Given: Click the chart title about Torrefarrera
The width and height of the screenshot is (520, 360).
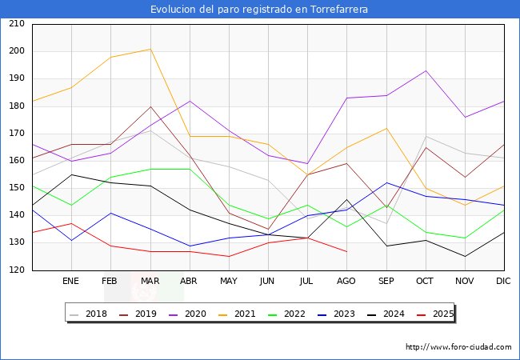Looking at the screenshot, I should pyautogui.click(x=260, y=10).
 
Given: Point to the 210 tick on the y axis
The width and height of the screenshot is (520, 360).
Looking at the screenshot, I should pyautogui.click(x=16, y=24).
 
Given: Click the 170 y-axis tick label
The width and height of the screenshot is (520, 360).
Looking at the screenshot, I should pyautogui.click(x=16, y=134).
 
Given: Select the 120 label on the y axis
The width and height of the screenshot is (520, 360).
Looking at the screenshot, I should pyautogui.click(x=16, y=270).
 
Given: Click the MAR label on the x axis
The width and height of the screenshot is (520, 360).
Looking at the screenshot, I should pyautogui.click(x=150, y=282).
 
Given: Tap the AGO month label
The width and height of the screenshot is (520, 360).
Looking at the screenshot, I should pyautogui.click(x=346, y=282).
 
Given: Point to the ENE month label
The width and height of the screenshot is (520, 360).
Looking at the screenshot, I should pyautogui.click(x=71, y=282).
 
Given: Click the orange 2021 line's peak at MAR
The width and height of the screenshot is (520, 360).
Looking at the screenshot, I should pyautogui.click(x=150, y=50).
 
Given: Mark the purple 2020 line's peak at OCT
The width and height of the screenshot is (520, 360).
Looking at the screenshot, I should pyautogui.click(x=426, y=70).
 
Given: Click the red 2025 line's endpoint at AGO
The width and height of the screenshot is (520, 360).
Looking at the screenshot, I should pyautogui.click(x=346, y=251).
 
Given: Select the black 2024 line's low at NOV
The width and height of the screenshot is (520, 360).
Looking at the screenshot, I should pyautogui.click(x=465, y=257).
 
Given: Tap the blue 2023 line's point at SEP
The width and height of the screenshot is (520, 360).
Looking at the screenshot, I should pyautogui.click(x=386, y=182).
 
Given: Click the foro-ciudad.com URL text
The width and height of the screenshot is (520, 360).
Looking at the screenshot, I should pyautogui.click(x=458, y=347).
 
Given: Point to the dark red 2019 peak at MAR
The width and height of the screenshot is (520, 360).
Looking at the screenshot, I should pyautogui.click(x=150, y=106).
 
